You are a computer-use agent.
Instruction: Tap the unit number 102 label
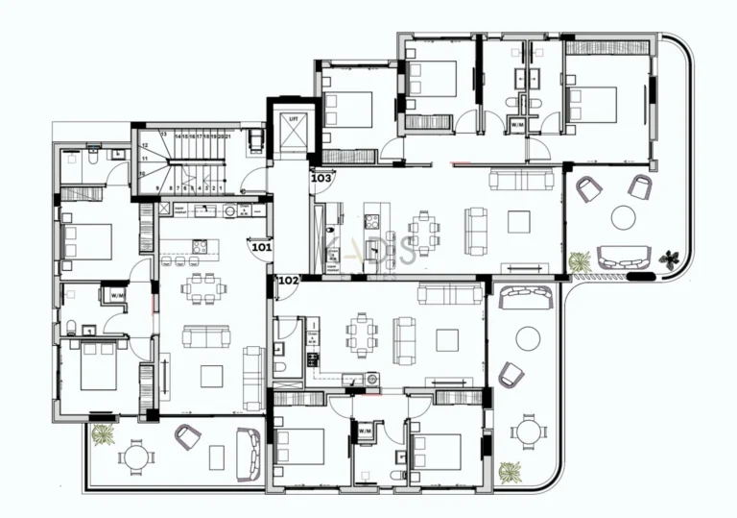click(x=287, y=281)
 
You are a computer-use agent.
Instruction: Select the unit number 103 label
click(x=321, y=178)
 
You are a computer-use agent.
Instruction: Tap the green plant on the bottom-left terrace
click(x=102, y=434)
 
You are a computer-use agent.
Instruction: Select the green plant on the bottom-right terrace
click(x=511, y=472)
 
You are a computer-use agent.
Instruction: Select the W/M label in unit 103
click(x=517, y=125)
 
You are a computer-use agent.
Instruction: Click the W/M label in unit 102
click(x=365, y=432)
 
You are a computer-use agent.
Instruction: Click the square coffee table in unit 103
click(x=519, y=222)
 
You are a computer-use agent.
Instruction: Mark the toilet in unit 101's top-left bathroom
click(x=117, y=152)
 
